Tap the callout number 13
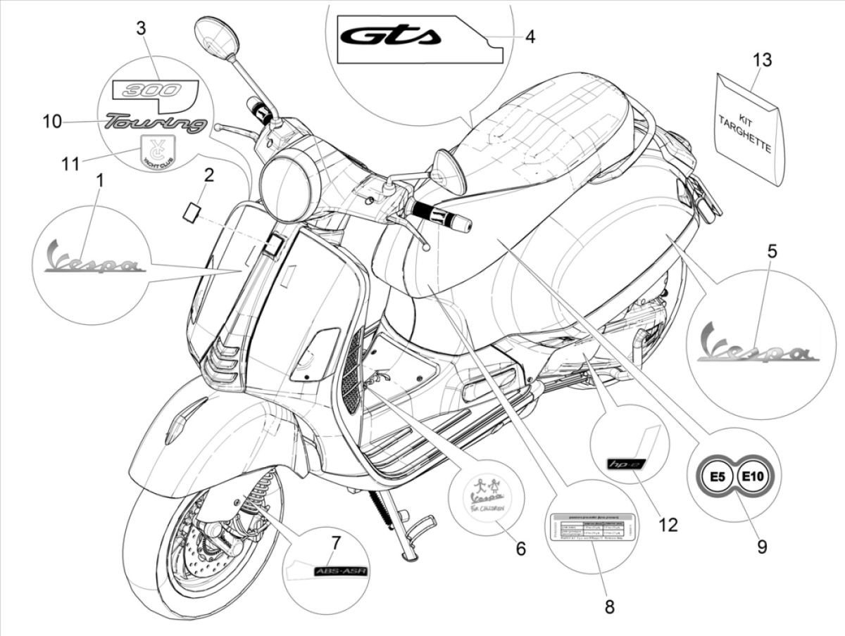click(x=761, y=60)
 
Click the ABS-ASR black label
click(x=337, y=571)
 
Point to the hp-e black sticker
click(x=622, y=464)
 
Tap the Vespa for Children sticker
click(x=485, y=495)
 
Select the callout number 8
click(x=609, y=606)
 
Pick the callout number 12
click(x=668, y=524)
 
